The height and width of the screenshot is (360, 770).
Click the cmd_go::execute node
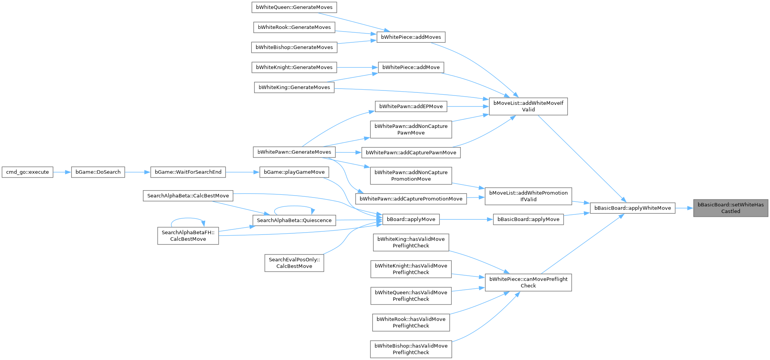(27, 172)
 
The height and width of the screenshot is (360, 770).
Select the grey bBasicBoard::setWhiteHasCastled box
(730, 208)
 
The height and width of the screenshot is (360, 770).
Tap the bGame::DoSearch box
(98, 172)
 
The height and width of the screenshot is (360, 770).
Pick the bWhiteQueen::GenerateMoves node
(294, 7)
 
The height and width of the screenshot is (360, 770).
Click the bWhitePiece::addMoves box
(411, 37)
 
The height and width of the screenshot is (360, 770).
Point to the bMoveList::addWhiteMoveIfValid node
(528, 106)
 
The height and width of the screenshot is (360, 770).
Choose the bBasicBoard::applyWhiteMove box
(632, 208)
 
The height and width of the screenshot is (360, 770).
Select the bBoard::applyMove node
(411, 219)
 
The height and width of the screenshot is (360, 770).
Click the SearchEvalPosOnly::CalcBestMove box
(294, 263)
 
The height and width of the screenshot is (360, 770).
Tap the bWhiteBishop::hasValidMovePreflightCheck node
(411, 349)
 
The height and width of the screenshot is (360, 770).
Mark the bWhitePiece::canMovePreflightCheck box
(528, 282)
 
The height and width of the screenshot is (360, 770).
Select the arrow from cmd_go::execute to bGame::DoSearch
(62, 172)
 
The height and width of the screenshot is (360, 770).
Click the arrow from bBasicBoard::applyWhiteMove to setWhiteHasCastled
(684, 208)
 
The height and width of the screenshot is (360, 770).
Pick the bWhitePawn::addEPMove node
(411, 107)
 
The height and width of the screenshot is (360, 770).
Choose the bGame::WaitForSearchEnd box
(188, 172)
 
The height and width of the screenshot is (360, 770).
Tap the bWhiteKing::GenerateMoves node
(294, 87)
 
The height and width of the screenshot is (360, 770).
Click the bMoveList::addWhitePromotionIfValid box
(528, 196)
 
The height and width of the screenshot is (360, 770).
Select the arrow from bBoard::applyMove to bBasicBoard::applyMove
(466, 219)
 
